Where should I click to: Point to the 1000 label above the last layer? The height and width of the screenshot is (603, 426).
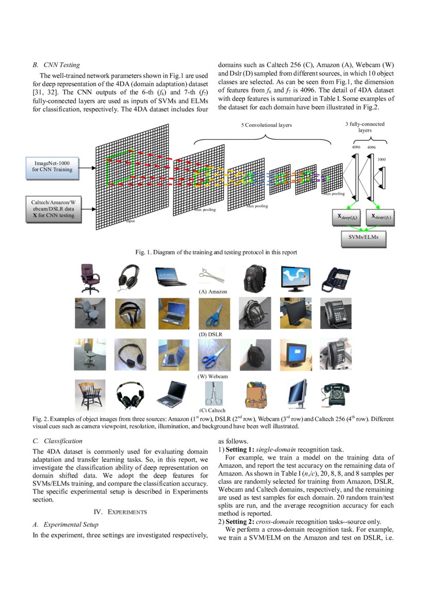381,159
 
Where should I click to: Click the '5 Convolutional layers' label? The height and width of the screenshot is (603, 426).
266,125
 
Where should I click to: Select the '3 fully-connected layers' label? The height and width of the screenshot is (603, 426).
365,127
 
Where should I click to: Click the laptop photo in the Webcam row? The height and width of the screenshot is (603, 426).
173,355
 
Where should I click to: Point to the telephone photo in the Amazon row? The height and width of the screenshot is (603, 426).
336,279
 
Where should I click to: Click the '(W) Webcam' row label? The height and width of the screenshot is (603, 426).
213,377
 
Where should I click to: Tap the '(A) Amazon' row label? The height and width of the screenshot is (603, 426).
213,292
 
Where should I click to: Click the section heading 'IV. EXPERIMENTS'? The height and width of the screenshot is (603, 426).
120,512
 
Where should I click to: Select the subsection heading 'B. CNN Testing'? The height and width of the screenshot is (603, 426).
56,65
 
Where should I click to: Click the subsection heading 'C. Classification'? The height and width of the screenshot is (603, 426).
57,441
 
